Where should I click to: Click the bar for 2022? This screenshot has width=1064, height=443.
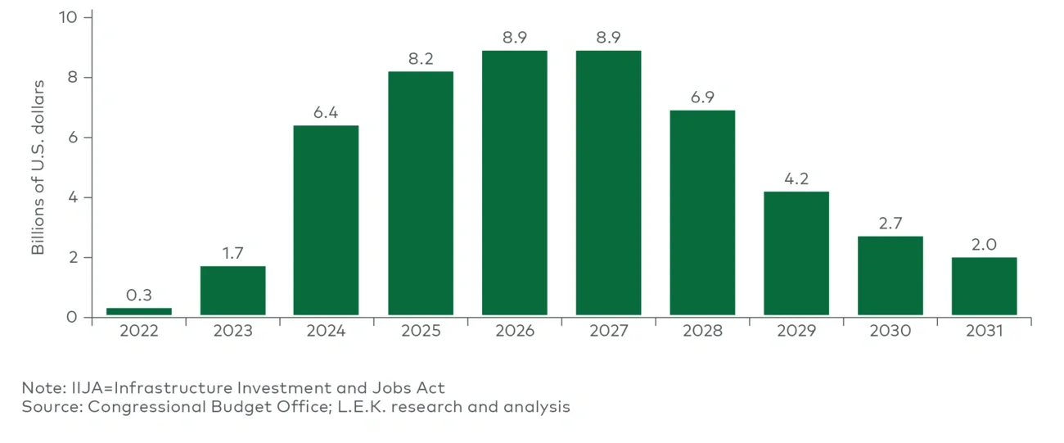click(139, 311)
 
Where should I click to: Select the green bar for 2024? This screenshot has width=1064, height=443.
click(326, 220)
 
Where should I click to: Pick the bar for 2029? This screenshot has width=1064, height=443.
click(796, 253)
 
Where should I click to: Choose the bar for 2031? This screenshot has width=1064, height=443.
click(984, 286)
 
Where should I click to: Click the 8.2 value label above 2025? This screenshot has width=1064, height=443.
click(420, 59)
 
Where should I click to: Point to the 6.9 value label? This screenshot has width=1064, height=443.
click(702, 97)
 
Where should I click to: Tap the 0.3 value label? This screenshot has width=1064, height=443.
click(139, 295)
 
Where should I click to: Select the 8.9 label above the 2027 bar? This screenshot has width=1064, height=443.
click(608, 38)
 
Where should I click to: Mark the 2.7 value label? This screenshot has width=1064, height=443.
click(890, 224)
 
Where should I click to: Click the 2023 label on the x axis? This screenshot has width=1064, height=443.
click(232, 332)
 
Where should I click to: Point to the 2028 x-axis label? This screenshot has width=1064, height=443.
click(702, 332)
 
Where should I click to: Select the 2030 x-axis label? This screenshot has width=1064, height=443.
click(890, 332)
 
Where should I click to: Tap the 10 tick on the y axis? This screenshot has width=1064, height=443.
click(68, 17)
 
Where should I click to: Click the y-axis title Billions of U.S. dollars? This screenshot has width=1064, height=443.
click(38, 168)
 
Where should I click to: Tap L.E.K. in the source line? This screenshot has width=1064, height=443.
click(345, 407)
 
